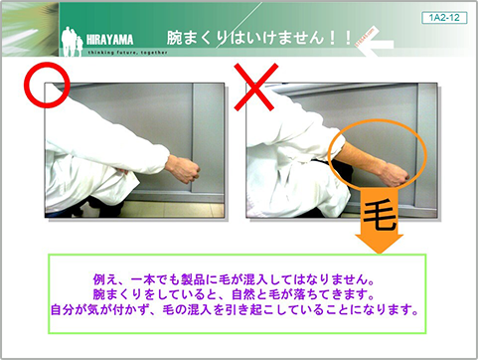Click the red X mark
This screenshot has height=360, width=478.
[x=255, y=87]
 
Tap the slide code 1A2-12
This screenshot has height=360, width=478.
[x=444, y=18]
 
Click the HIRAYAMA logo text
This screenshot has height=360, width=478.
[x=109, y=40]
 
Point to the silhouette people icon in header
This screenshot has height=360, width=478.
[x=72, y=41]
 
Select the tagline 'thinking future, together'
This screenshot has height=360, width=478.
[x=128, y=53]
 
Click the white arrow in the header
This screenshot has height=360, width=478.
[x=377, y=44]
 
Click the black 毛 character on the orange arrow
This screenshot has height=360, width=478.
[x=380, y=216]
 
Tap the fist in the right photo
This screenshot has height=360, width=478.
[x=395, y=175]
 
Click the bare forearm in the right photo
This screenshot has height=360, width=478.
[x=360, y=159]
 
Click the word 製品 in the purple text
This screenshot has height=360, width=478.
[x=193, y=279]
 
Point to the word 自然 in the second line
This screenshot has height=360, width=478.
[x=242, y=294]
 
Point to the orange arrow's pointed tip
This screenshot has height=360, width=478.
[x=380, y=254]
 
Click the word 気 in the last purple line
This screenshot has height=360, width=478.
[x=93, y=309]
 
